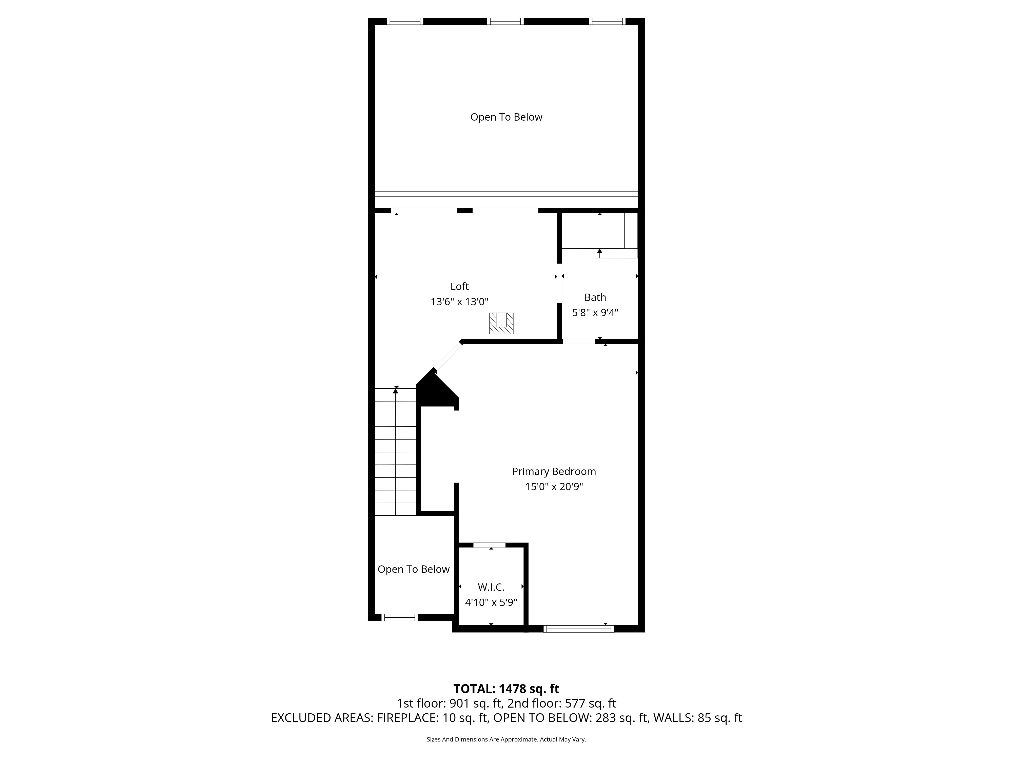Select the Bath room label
click(595, 297)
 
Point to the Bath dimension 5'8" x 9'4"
click(595, 312)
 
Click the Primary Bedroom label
click(554, 471)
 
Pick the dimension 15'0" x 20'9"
click(554, 486)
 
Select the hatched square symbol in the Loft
click(501, 323)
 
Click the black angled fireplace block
click(436, 389)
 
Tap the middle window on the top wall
click(505, 21)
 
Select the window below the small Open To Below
click(399, 618)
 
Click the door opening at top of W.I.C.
click(489, 545)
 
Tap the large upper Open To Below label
click(506, 117)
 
